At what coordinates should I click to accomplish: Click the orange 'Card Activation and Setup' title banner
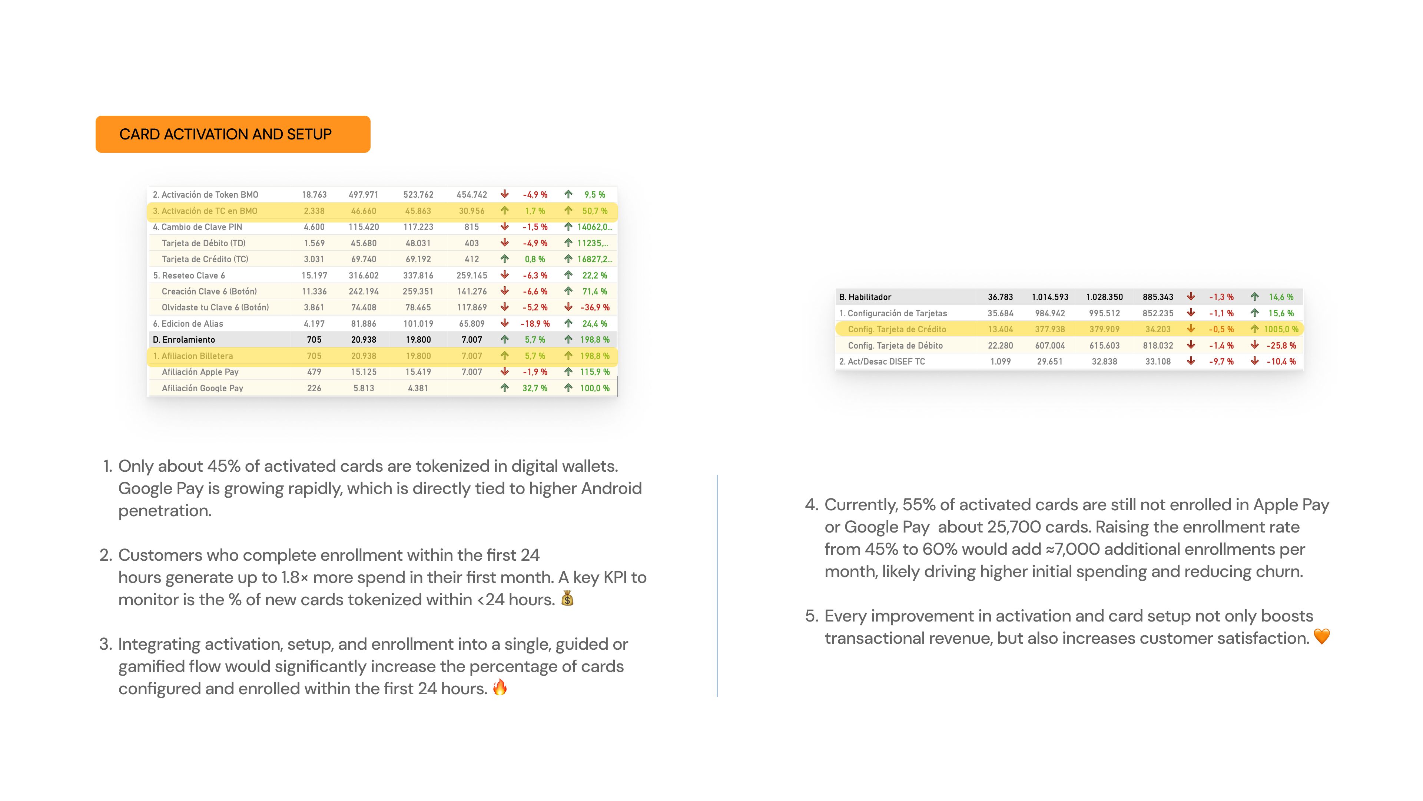pos(233,134)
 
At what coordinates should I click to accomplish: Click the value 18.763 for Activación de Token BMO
pos(314,195)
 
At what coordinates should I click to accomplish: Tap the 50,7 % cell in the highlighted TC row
pos(594,211)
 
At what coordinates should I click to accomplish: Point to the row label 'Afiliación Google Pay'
pos(202,388)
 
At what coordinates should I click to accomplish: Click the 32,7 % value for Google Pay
pos(534,388)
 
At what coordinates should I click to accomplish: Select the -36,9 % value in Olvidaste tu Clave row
pos(594,307)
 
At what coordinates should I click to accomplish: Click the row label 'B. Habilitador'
pos(865,297)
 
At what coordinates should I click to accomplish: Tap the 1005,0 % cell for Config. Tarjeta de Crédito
pos(1280,329)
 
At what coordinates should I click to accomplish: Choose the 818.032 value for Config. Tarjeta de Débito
pos(1157,346)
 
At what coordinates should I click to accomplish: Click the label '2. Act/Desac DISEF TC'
pos(882,362)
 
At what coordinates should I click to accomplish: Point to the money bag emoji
pos(567,599)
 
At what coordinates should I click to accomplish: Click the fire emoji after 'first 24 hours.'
pos(500,687)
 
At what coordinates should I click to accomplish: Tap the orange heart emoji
pos(1321,637)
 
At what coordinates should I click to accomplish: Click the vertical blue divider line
pos(717,586)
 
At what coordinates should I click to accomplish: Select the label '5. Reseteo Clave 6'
pos(189,275)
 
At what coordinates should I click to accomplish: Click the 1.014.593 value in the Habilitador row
pos(1049,297)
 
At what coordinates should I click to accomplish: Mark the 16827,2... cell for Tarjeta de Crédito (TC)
pos(594,259)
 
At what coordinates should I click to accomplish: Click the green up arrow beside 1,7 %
pos(504,211)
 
